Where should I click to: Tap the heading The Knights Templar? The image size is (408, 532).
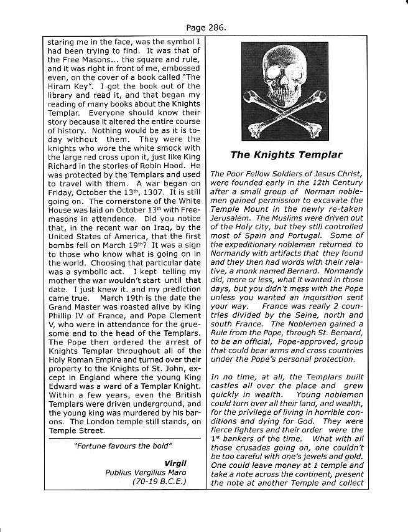[286, 154]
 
